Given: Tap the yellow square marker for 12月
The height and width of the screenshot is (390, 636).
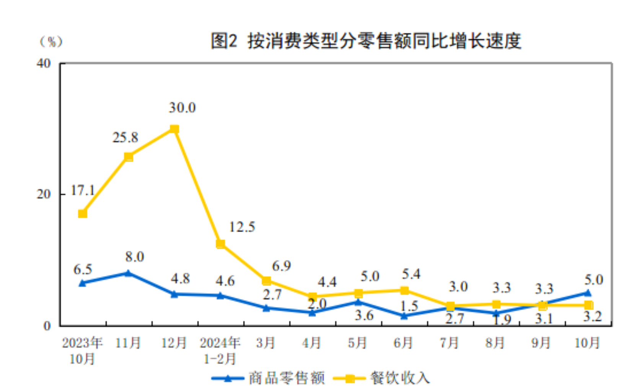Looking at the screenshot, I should [x=174, y=129].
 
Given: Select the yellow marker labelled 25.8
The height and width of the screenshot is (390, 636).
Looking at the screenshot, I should [x=129, y=157].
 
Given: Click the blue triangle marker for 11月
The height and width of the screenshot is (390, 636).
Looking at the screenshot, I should [x=128, y=273].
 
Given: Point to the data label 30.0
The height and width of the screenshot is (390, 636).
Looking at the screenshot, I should [x=182, y=108].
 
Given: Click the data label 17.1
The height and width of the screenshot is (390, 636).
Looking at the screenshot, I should [x=83, y=190].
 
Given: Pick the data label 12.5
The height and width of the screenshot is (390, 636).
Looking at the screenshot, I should [x=242, y=227].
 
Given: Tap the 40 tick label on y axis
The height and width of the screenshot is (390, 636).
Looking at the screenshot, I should [x=44, y=63].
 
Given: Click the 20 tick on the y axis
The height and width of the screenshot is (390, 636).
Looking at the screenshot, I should [x=44, y=194].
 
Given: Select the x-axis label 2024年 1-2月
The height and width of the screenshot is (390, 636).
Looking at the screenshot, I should [x=220, y=351].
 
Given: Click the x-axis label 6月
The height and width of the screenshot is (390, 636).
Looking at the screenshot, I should [x=403, y=343].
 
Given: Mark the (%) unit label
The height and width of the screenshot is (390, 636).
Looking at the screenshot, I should [x=51, y=41].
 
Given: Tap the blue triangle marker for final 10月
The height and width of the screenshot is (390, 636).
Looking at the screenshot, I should [x=588, y=293].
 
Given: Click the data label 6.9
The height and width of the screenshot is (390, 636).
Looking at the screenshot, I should [x=281, y=266].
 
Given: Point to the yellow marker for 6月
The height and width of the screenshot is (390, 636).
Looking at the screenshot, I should [x=404, y=291].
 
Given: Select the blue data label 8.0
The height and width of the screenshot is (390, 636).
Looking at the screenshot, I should [x=134, y=257].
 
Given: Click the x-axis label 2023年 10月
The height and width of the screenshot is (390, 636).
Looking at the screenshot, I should [x=82, y=351].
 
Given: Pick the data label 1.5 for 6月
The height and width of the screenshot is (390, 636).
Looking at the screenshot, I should [x=409, y=306].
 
